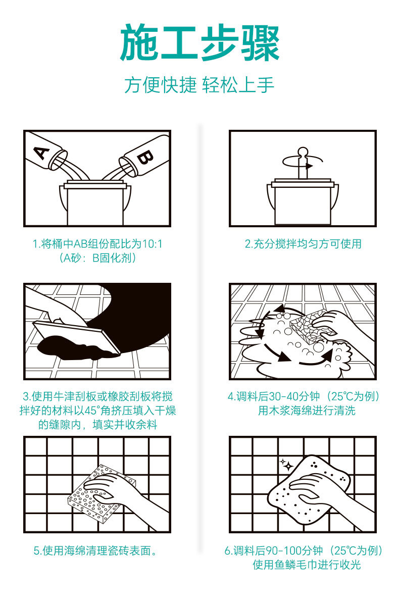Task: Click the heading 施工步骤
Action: (199, 43)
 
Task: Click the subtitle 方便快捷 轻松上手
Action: (199, 85)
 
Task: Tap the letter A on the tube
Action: (42, 153)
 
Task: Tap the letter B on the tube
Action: (145, 157)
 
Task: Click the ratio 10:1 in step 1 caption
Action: (152, 244)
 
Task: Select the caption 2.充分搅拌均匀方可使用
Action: (303, 244)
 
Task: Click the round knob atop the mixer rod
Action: (303, 151)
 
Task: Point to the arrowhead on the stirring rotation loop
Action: (309, 167)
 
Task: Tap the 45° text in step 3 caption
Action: (92, 411)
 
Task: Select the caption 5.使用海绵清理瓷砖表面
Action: (95, 551)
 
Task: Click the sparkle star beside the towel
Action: (286, 465)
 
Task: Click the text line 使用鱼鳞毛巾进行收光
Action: (307, 565)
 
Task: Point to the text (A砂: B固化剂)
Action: (98, 258)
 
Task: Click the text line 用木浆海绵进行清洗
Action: (307, 411)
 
